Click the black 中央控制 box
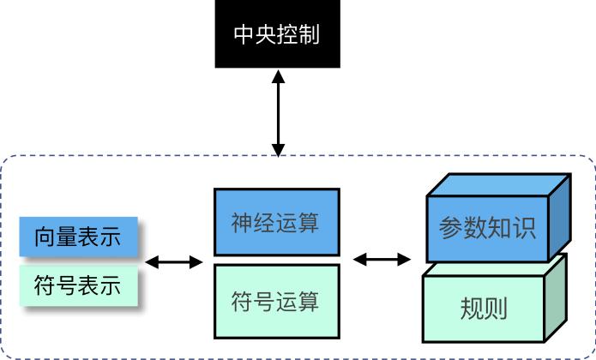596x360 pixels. click(277, 34)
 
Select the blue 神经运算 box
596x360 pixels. click(276, 222)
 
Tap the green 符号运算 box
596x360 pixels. click(276, 302)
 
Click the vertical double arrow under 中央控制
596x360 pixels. click(277, 111)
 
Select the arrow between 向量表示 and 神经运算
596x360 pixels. click(175, 261)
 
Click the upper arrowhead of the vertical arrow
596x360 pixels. click(277, 75)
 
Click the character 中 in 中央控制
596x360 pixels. click(244, 35)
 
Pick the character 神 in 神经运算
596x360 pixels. click(242, 223)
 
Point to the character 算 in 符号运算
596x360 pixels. click(309, 303)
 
